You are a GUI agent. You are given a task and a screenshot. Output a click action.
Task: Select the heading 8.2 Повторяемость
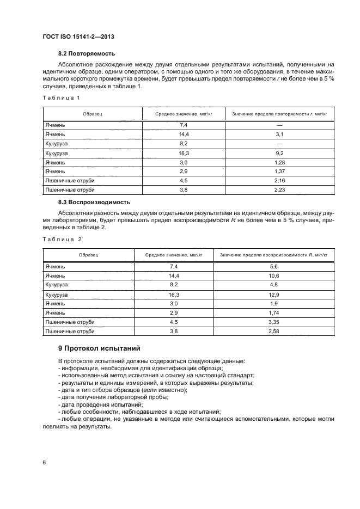pos(87,54)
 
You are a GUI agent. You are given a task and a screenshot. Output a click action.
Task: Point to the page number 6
pos(44,462)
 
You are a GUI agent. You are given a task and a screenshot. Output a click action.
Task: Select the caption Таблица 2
pos(62,239)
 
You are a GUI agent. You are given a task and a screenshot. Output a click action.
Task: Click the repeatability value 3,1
pos(280,134)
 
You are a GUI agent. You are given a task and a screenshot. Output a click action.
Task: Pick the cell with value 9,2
pos(280,154)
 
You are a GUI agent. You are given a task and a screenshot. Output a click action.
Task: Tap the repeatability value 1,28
pos(280,162)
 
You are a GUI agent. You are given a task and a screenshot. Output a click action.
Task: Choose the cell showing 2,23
pos(280,190)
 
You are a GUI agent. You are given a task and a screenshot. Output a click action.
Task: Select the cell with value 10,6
pos(274,275)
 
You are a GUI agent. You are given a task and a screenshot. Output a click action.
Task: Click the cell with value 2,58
pos(274,331)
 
